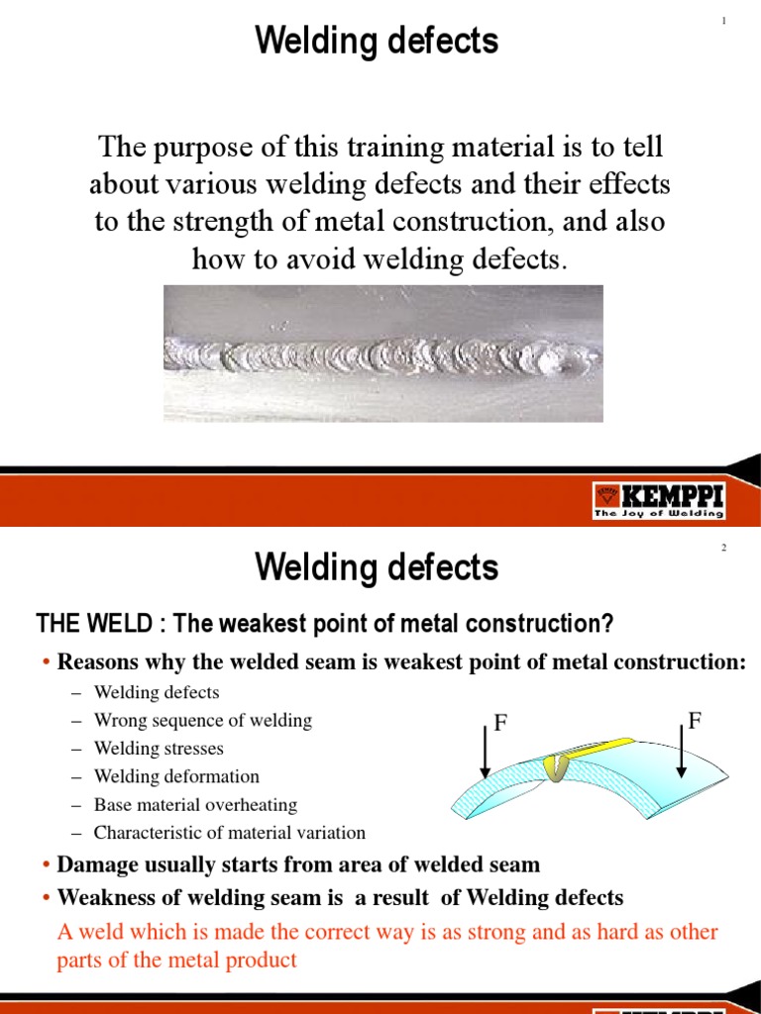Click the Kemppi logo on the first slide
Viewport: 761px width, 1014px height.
pyautogui.click(x=659, y=500)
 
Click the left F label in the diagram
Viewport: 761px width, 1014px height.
pyautogui.click(x=500, y=724)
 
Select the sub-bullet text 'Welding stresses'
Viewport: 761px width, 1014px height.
pyautogui.click(x=159, y=749)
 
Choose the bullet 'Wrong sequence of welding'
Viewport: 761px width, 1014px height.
pyautogui.click(x=202, y=721)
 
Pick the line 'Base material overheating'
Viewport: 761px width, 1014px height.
pyautogui.click(x=195, y=805)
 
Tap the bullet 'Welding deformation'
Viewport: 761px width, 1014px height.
pyautogui.click(x=176, y=776)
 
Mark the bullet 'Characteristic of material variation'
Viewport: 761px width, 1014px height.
pyautogui.click(x=229, y=833)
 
